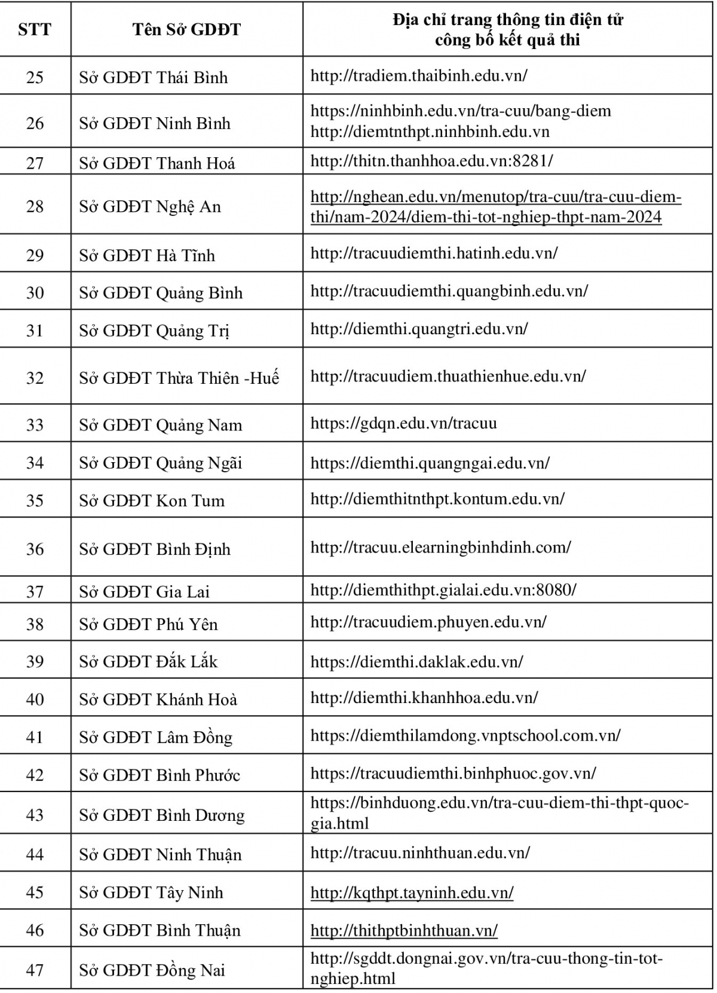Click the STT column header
point(35,29)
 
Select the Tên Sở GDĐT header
point(186,29)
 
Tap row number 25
point(35,77)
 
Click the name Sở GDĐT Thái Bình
point(154,77)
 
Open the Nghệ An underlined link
point(495,206)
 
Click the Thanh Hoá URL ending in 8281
point(431,161)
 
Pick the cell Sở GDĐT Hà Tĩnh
point(147,255)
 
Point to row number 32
point(35,378)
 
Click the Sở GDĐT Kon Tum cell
point(152,500)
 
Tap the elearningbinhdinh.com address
point(440,547)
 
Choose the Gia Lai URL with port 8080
point(443,590)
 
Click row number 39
point(35,661)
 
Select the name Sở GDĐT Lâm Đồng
point(155,737)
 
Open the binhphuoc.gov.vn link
point(453,773)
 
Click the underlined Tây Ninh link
point(412,893)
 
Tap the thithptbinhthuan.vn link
point(404,930)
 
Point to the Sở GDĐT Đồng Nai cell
point(152,970)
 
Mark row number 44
point(35,854)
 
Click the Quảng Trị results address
point(419,329)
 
